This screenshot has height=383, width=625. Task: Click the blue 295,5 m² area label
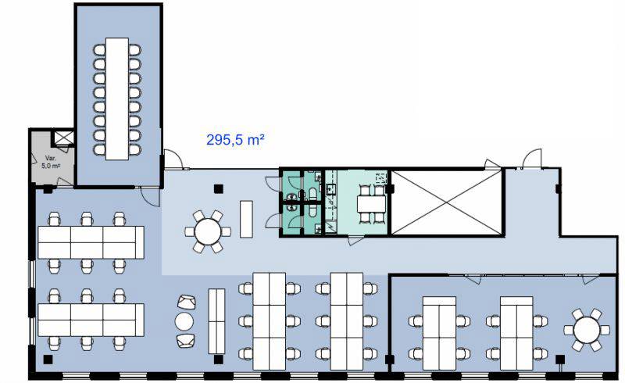coord(236,140)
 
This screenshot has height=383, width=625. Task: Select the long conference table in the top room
coord(117,98)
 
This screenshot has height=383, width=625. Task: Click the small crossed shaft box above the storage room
coord(64,138)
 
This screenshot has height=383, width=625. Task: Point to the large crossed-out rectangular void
coord(446,202)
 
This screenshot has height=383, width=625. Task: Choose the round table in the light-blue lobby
coord(208,231)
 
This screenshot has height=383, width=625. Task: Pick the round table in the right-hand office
coord(587,330)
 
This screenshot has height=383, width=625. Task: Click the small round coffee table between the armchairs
coord(184,321)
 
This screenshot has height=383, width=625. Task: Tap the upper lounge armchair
coord(187,302)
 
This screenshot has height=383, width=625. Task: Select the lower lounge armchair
coord(186,340)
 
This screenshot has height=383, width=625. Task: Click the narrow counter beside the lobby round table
coord(246,220)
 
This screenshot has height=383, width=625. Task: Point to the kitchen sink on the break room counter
coord(331,189)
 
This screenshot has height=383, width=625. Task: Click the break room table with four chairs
coord(372,204)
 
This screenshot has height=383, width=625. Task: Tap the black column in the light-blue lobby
coord(218,188)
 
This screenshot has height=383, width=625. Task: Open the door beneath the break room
coord(355,240)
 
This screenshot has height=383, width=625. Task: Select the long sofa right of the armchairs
coord(217,321)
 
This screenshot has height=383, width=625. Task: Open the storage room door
coord(65,182)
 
